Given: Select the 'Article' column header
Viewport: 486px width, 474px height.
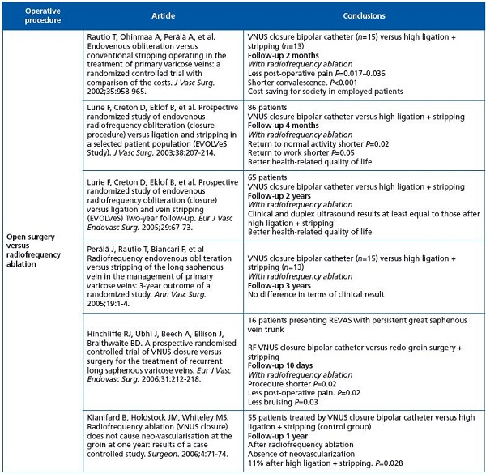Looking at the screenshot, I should [159, 15].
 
